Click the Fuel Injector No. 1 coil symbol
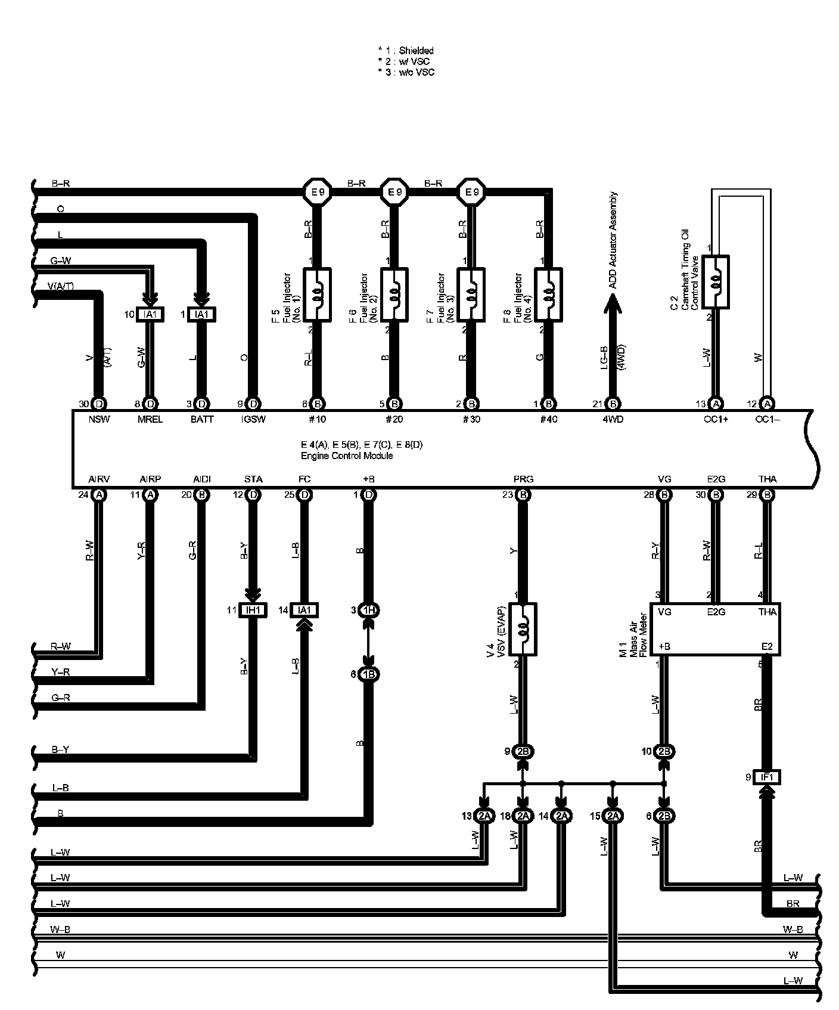pos(317,295)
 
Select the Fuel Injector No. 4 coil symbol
pos(548,295)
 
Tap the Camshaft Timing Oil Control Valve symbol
pos(716,282)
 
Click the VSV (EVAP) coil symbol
pos(523,628)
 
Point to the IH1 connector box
pos(253,610)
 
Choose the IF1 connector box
pos(767,777)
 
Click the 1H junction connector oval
pos(369,610)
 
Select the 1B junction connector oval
pos(369,674)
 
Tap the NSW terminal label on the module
pos(99,419)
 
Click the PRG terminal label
pos(523,479)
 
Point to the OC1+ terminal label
pos(716,419)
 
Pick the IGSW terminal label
pos(253,419)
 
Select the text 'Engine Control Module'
pos(346,456)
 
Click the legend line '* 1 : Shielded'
pos(406,51)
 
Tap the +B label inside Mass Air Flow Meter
pos(664,646)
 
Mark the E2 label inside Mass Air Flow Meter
pos(767,646)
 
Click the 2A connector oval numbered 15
pos(613,816)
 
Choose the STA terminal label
pos(253,479)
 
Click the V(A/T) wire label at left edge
pos(61,286)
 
